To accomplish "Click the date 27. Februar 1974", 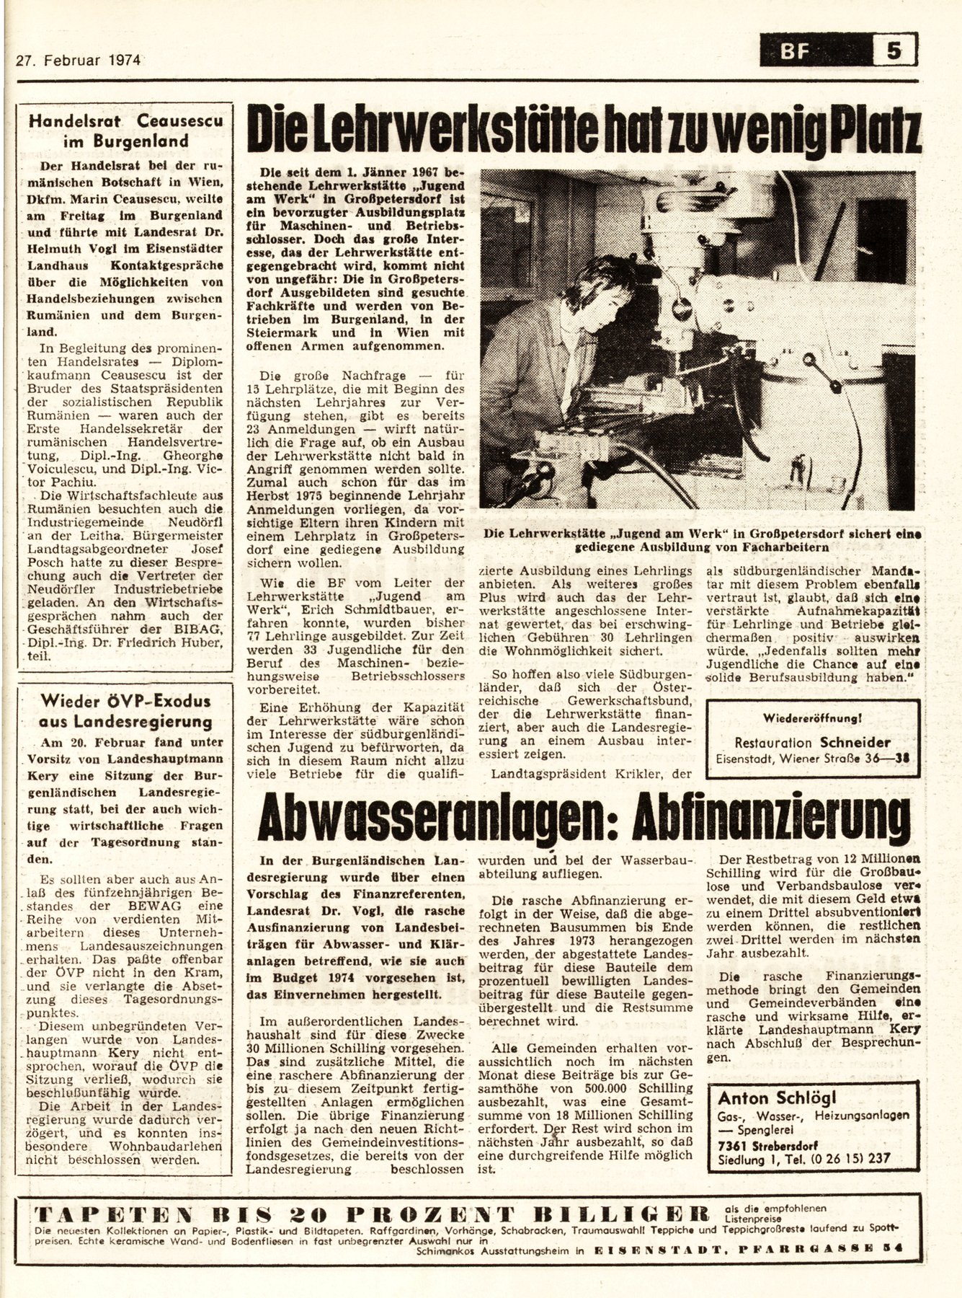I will [x=78, y=60].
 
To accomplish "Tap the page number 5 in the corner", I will [x=894, y=53].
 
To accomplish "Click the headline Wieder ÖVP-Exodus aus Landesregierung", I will [x=125, y=712].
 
